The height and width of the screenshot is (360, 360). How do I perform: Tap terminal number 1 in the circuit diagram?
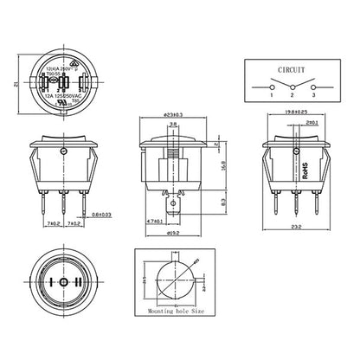click(258, 105)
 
